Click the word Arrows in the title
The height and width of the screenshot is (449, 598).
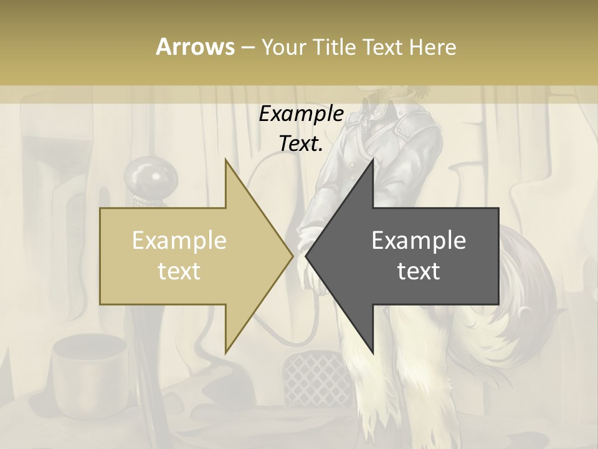pos(195,47)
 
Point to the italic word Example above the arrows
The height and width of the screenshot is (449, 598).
pos(301,115)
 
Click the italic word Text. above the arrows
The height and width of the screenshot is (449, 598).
pos(301,144)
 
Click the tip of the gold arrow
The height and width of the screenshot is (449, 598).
pos(293,256)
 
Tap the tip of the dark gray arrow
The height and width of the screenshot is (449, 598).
pos(306,256)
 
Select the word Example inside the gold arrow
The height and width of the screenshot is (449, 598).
pos(179,241)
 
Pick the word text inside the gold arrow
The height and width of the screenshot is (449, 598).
pos(179,271)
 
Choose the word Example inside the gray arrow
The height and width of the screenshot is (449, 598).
pos(419,241)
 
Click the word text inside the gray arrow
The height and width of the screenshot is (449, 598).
pos(419,271)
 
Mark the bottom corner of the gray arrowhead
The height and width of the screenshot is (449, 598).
pos(373,353)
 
